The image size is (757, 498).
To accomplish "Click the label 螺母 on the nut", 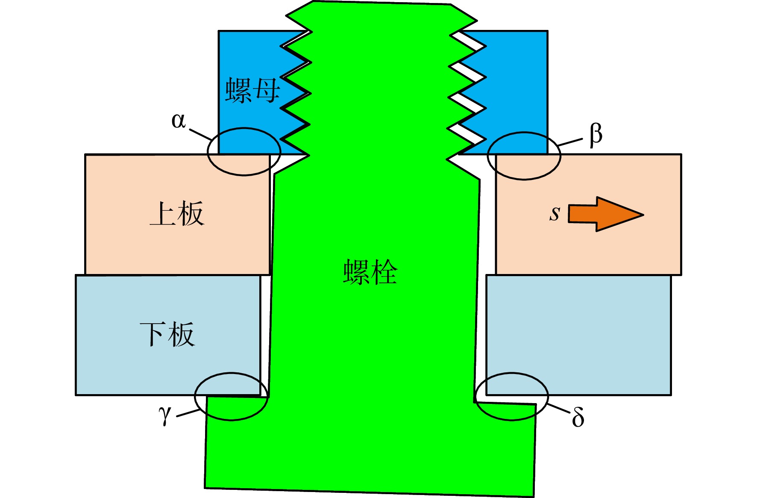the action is (252, 90).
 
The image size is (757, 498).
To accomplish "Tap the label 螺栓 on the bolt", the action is (370, 272).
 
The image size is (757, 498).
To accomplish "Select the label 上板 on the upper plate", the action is (177, 213).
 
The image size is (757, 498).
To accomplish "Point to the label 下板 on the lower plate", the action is (167, 334).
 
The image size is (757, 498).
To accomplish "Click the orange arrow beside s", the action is (605, 214).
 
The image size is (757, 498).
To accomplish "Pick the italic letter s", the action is (555, 213).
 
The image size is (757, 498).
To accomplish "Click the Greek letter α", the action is (179, 121).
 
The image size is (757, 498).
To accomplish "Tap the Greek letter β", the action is (596, 135).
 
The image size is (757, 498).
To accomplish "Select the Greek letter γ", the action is (164, 415).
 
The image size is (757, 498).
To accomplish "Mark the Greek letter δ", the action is (578, 416).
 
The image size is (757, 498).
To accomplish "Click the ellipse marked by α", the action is (244, 128).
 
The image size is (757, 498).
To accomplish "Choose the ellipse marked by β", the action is (524, 133).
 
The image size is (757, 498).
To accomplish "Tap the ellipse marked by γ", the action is (232, 373).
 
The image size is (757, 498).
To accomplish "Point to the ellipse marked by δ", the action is (512, 373).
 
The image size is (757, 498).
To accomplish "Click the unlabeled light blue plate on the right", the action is (579, 335).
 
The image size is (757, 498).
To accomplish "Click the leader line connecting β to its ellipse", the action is (570, 142).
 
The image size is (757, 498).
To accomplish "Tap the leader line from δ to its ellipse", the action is (558, 408).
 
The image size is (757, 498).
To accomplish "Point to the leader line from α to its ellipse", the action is (200, 135).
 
